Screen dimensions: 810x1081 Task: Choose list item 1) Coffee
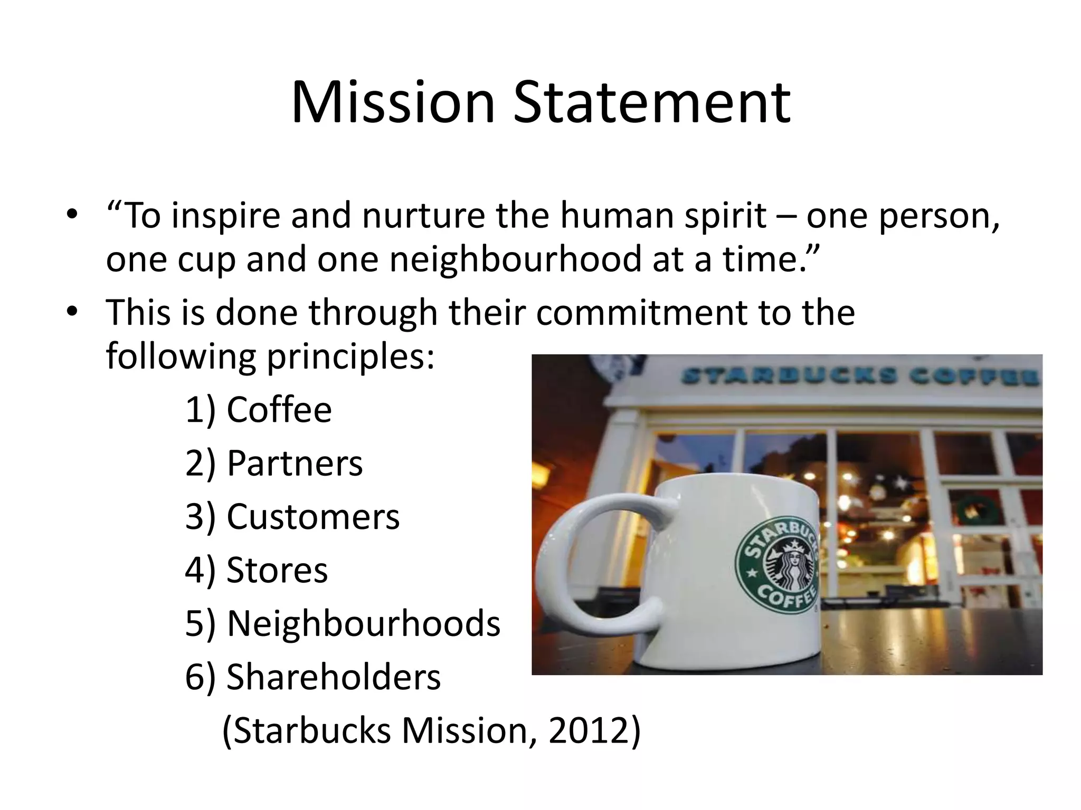pyautogui.click(x=259, y=410)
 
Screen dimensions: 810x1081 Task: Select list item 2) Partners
pyautogui.click(x=274, y=463)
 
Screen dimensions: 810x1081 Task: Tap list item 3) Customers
pyautogui.click(x=292, y=516)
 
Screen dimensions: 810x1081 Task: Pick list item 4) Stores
pyautogui.click(x=257, y=570)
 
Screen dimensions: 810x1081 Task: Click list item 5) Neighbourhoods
pyautogui.click(x=343, y=623)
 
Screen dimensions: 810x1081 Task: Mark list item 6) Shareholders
pyautogui.click(x=313, y=677)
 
